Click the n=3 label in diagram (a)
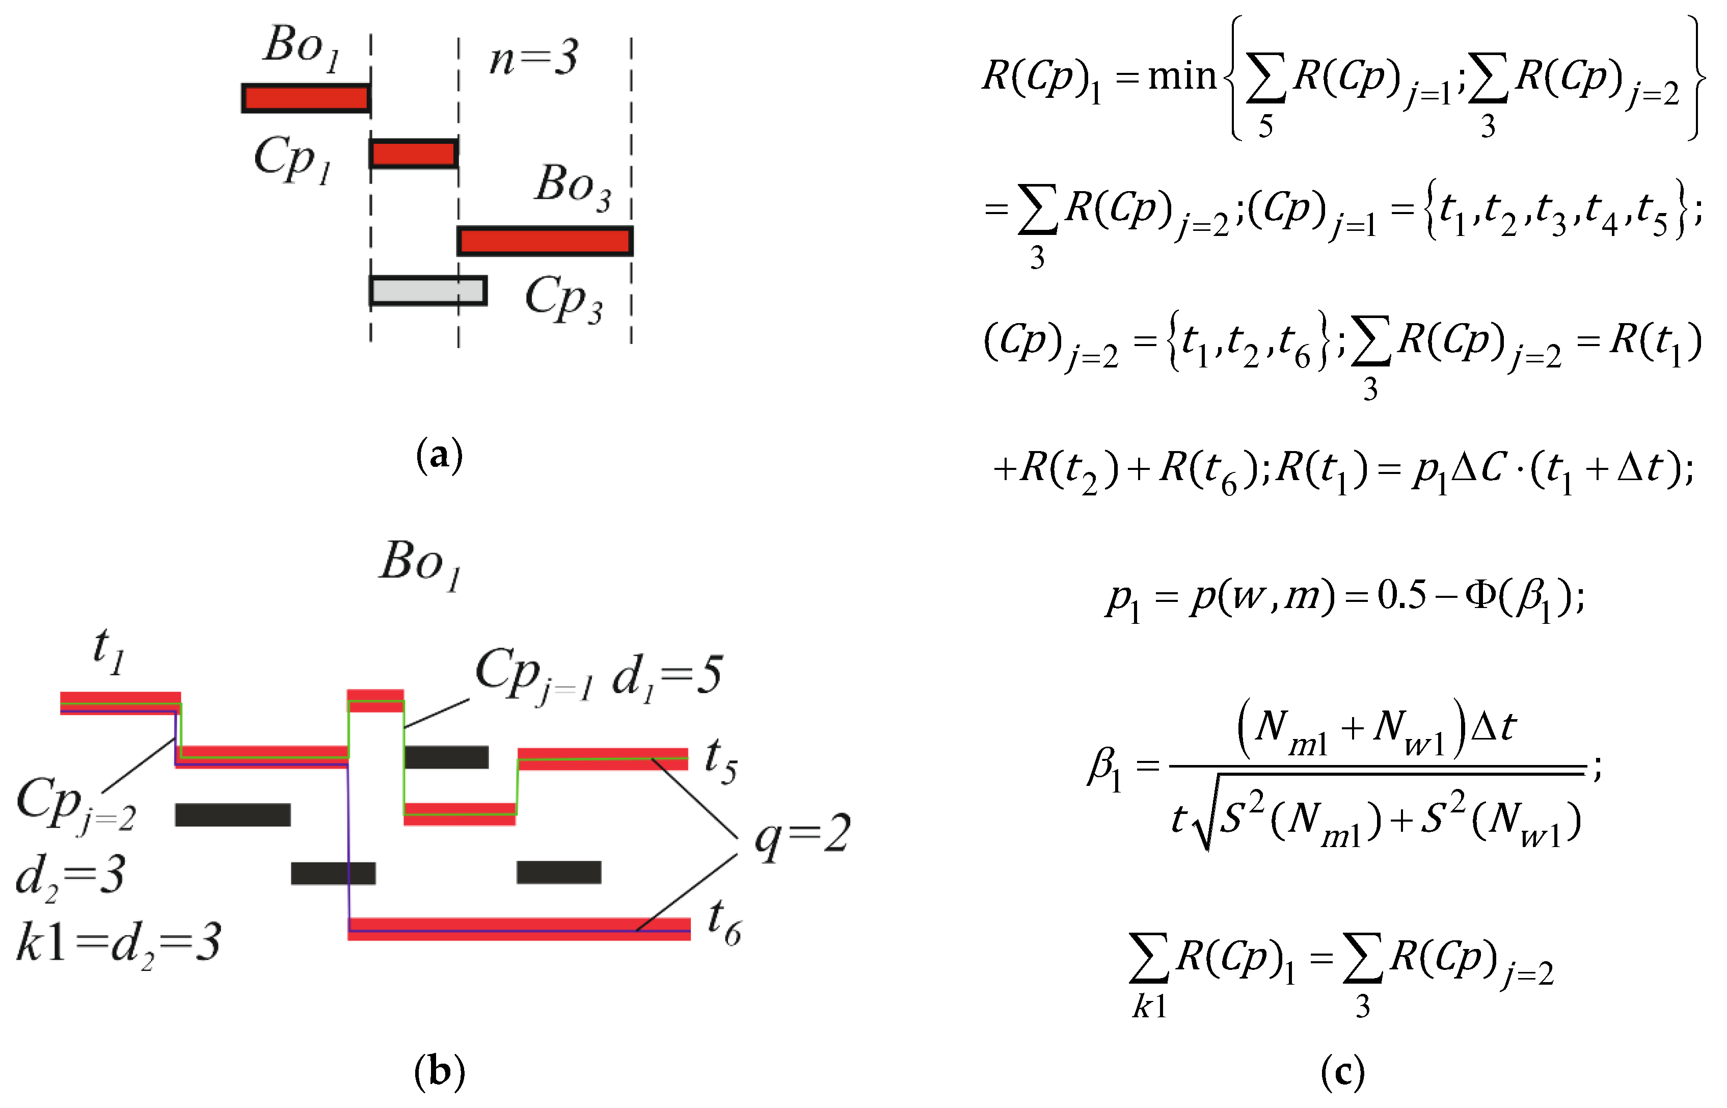click(x=533, y=58)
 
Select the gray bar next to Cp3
click(x=428, y=291)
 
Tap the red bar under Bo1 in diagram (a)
click(x=306, y=98)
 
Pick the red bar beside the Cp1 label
click(x=414, y=154)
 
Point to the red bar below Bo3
click(x=545, y=241)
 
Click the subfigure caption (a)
click(x=439, y=456)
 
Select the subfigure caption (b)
click(x=439, y=1072)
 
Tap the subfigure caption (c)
click(x=1342, y=1072)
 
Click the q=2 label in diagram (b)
click(x=802, y=835)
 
